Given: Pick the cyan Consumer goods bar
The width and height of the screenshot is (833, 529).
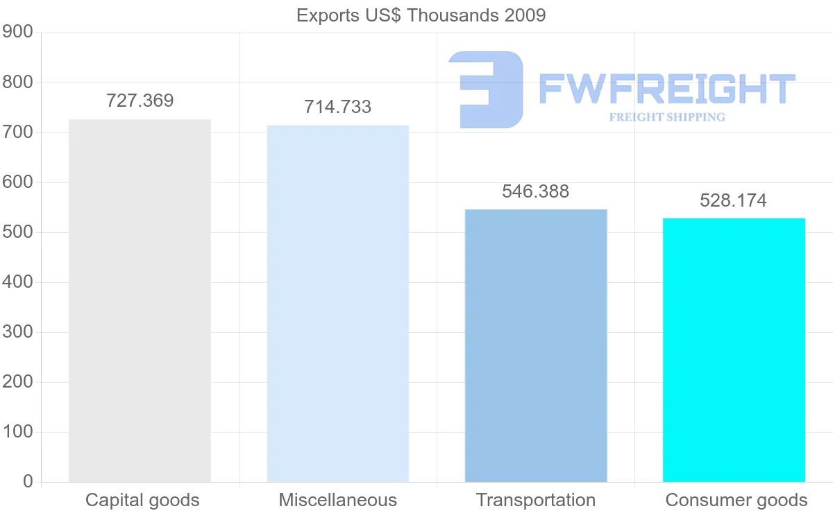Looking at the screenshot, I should click(x=734, y=349).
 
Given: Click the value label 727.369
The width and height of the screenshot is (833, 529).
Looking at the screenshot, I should click(x=140, y=101).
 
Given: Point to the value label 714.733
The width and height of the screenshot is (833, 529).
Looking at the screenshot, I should click(x=338, y=107).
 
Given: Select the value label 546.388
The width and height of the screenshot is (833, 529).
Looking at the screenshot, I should click(x=536, y=191).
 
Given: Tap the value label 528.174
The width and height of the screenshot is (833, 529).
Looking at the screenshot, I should click(x=734, y=201).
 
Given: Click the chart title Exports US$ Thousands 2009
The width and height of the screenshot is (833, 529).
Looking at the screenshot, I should click(x=421, y=15).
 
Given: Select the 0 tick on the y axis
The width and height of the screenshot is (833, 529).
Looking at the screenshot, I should click(x=28, y=481).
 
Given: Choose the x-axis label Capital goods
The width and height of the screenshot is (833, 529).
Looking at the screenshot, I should click(x=142, y=500).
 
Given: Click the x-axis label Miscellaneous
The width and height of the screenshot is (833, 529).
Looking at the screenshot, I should click(x=338, y=500).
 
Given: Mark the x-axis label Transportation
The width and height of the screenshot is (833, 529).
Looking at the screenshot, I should click(x=536, y=500).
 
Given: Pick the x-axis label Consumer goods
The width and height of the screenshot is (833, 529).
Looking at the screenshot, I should click(x=737, y=500).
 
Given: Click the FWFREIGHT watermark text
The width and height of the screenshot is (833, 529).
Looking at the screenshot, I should click(x=666, y=89).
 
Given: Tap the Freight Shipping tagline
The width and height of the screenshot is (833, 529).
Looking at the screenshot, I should click(x=667, y=117).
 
